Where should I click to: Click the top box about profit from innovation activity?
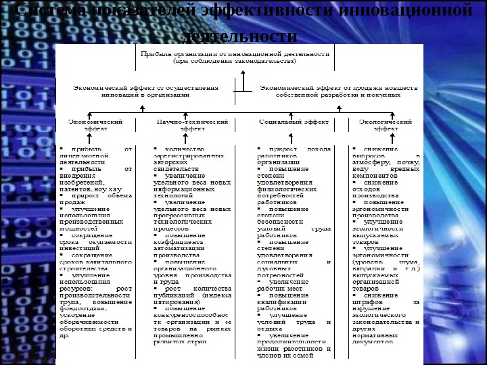[235, 56]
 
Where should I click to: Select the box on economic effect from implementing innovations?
[145, 91]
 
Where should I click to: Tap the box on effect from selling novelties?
[329, 91]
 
